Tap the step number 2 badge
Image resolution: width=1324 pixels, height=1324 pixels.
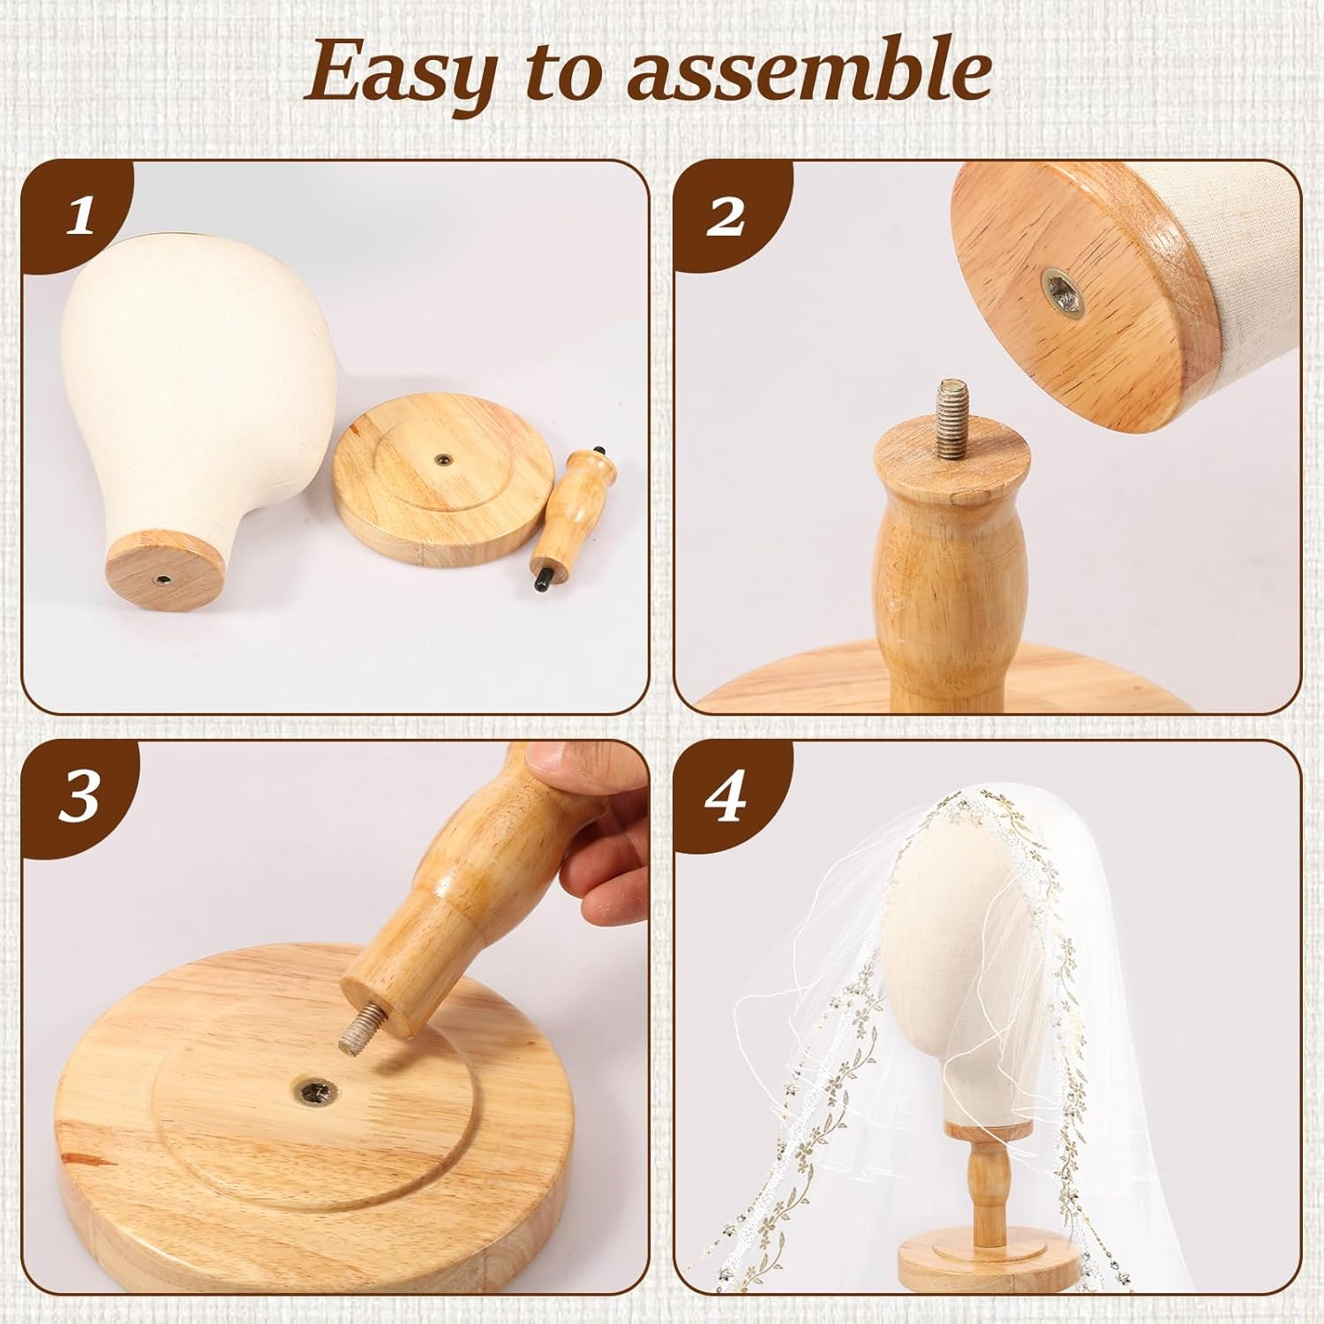726,215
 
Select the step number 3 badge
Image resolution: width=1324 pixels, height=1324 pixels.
79,799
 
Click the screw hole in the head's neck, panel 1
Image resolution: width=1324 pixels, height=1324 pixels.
163,578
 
